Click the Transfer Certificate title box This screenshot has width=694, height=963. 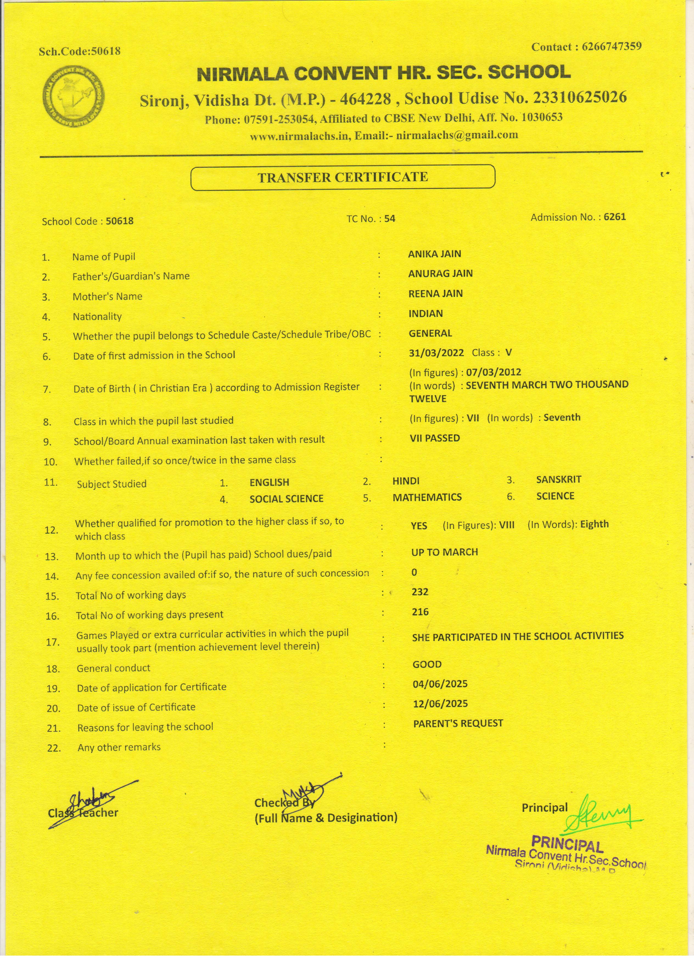click(x=343, y=177)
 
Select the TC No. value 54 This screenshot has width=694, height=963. click(x=390, y=219)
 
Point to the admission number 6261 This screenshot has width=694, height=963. click(x=615, y=217)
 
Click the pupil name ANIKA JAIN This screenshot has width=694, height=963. click(x=434, y=254)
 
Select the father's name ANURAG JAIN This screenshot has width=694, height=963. click(x=440, y=273)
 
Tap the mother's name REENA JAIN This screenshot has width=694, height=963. click(x=435, y=293)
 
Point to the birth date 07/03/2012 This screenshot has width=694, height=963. click(x=493, y=372)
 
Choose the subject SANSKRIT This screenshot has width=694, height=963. click(x=559, y=479)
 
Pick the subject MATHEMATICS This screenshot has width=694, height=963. click(x=427, y=497)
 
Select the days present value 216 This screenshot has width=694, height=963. click(x=420, y=612)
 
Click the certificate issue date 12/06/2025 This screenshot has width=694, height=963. click(x=440, y=704)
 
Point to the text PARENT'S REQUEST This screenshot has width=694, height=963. click(x=458, y=723)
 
